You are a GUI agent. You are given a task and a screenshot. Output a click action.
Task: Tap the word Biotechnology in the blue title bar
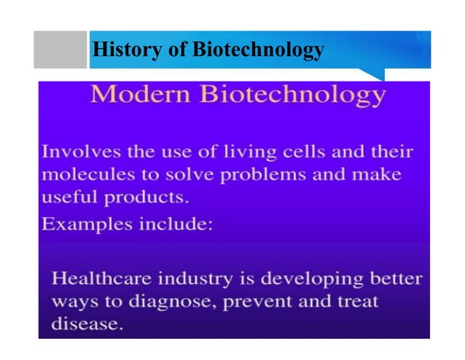pyautogui.click(x=258, y=50)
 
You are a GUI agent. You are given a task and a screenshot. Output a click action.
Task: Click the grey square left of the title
pyautogui.click(x=60, y=50)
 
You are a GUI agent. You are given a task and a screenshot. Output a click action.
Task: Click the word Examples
pyautogui.click(x=82, y=224)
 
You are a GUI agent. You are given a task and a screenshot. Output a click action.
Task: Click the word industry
pyautogui.click(x=198, y=279)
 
